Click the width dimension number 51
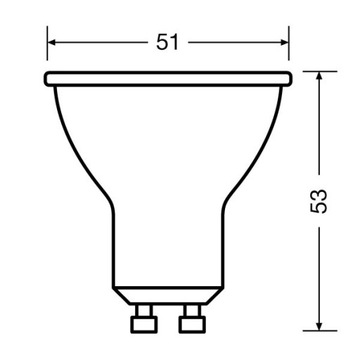pyautogui.click(x=170, y=43)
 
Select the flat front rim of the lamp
pyautogui.click(x=169, y=78)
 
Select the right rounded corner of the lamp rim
pyautogui.click(x=290, y=78)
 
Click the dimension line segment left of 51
pyautogui.click(x=100, y=43)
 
